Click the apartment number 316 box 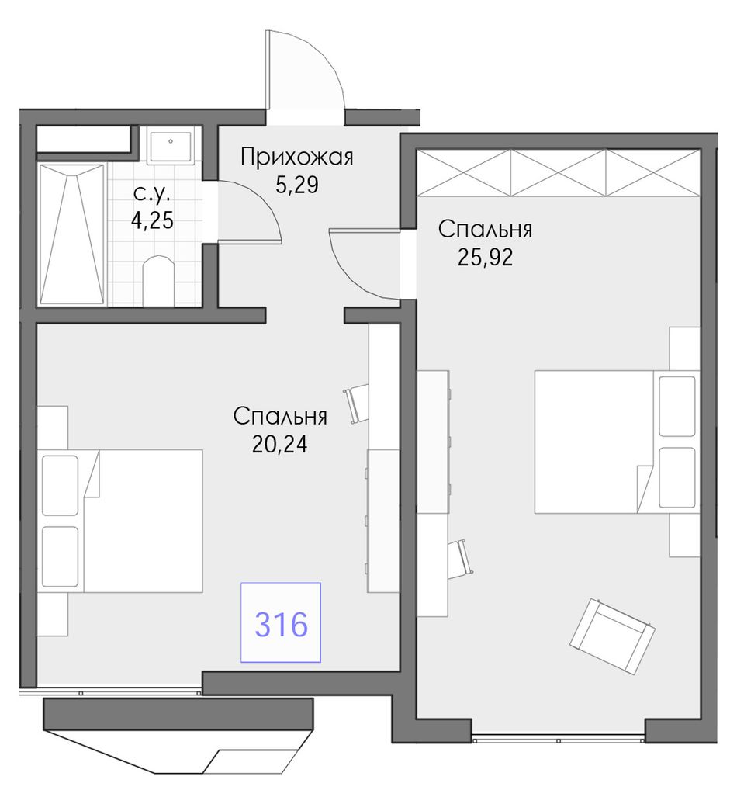pos(281,622)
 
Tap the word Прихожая pos(297,157)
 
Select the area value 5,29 pos(297,185)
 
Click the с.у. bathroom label pos(151,194)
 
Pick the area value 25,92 pos(485,258)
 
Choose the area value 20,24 pos(280,444)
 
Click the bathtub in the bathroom pos(72,234)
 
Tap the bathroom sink pos(171,145)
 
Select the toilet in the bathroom pos(158,280)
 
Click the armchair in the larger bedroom pos(612,635)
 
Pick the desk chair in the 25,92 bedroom pos(462,559)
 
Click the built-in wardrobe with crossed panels pos(559,172)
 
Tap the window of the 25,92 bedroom pos(558,740)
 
